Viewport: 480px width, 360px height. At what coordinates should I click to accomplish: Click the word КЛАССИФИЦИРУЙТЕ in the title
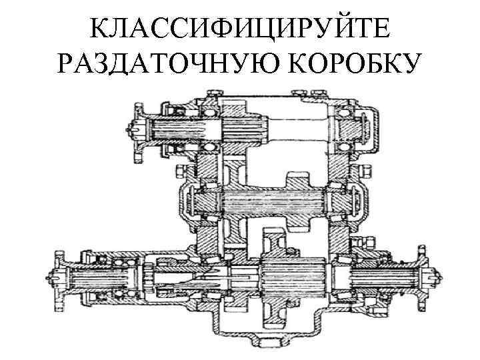241,29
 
